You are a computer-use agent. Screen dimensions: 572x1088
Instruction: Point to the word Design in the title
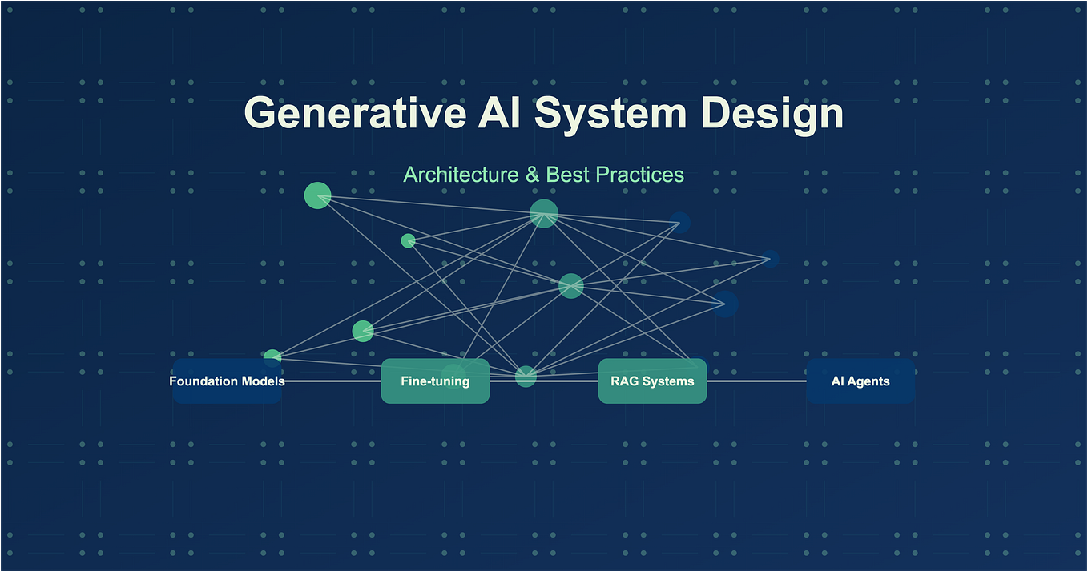(x=772, y=113)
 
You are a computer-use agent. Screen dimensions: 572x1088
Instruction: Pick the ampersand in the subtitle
(x=533, y=175)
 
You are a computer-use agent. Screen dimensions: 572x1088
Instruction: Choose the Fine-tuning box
(x=435, y=381)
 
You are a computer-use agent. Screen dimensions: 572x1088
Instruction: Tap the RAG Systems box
(x=652, y=381)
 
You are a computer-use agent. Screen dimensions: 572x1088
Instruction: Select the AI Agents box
(x=860, y=381)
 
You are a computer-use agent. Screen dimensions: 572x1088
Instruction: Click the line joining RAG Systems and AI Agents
(x=756, y=381)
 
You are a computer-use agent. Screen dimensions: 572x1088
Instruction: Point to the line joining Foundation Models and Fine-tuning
(x=332, y=381)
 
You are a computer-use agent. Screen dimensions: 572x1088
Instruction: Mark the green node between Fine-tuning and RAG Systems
(x=526, y=376)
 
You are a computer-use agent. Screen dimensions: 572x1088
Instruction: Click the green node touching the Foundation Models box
(x=272, y=357)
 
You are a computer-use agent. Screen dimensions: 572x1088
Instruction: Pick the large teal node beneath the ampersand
(x=544, y=213)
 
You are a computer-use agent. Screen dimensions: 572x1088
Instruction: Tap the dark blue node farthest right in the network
(x=770, y=258)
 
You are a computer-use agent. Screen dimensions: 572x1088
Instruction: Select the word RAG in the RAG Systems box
(x=625, y=381)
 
